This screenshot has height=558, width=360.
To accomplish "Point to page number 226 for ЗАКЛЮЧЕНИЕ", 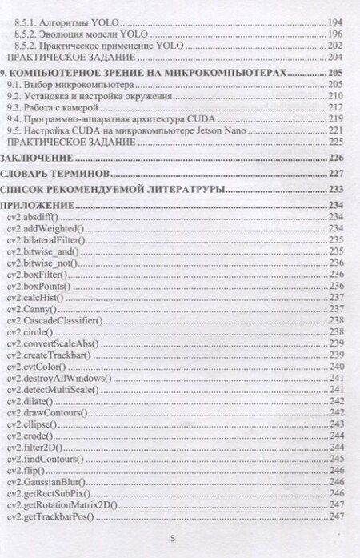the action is point(338,158).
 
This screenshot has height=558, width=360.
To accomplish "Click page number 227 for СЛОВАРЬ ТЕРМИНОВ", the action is point(338,174).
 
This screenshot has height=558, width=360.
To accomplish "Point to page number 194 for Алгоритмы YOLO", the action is point(338,23).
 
